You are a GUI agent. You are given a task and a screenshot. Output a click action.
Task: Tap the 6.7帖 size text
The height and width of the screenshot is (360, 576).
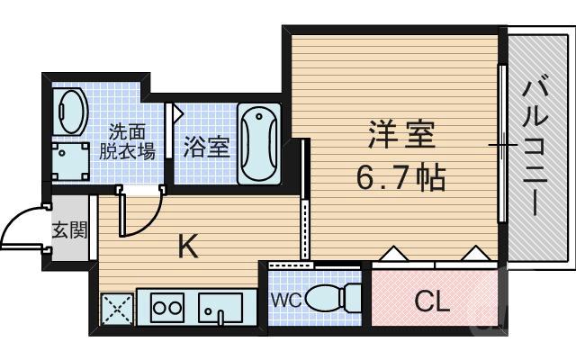coord(400,177)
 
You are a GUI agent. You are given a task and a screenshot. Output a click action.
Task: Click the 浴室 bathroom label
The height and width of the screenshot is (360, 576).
coord(206,147)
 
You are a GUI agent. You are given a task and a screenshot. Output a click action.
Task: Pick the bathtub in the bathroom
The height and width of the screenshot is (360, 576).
coord(258,144)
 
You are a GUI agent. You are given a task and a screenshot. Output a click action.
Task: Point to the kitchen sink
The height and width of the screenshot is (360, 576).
coord(220,309)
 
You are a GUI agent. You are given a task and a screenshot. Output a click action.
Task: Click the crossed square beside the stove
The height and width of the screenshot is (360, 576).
coord(115,309)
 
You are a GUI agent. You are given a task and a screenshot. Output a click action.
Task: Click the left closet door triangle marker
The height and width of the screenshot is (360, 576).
coord(393,255)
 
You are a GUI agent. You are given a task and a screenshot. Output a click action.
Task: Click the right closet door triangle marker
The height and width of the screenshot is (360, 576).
coord(473,255)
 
